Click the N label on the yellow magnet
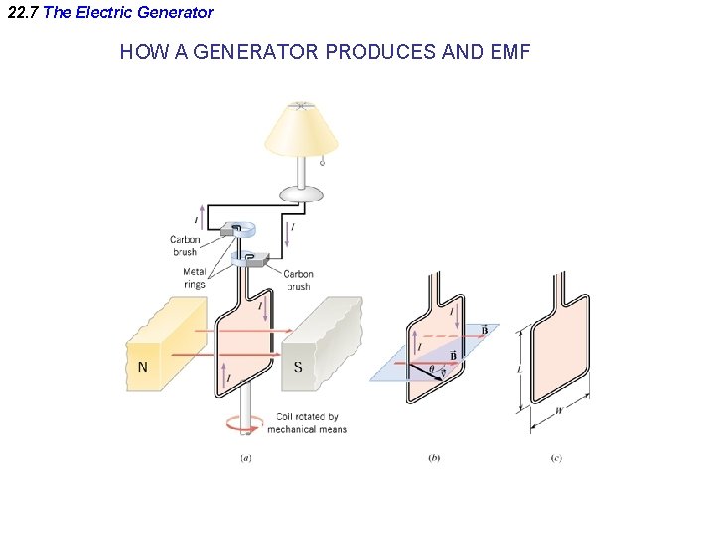(x=143, y=367)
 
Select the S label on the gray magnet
(x=298, y=367)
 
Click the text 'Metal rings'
(x=195, y=279)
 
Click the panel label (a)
(x=245, y=458)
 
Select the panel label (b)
(x=434, y=458)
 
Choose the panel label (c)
(x=557, y=458)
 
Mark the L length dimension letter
(x=519, y=369)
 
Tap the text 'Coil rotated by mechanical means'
(x=307, y=423)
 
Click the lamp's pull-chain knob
(x=323, y=161)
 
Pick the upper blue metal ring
(x=243, y=227)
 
